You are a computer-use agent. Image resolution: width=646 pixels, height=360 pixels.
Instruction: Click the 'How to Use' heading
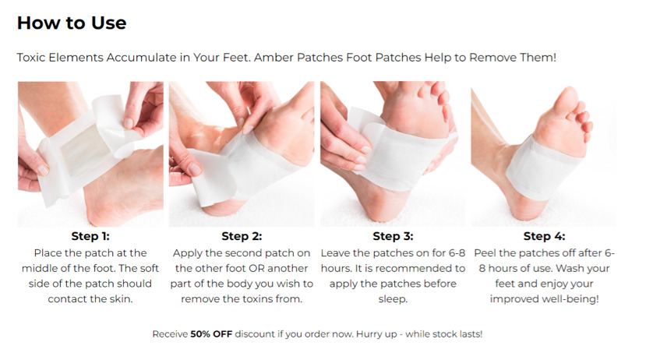(x=72, y=23)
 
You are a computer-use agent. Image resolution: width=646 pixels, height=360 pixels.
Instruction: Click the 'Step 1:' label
(x=90, y=236)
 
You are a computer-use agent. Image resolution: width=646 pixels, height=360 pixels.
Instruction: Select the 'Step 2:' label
(x=242, y=236)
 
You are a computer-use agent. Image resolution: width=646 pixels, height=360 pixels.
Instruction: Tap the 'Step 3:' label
(x=393, y=236)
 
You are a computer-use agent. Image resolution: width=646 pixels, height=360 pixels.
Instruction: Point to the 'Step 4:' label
(x=544, y=236)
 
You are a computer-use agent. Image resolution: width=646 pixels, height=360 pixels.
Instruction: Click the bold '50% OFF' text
(x=211, y=334)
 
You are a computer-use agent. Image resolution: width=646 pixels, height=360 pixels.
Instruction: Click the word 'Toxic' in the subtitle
(x=31, y=57)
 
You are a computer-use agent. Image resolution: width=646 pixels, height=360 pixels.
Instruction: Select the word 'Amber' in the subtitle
(x=274, y=57)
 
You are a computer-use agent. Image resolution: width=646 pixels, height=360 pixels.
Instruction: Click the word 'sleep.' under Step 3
(x=393, y=299)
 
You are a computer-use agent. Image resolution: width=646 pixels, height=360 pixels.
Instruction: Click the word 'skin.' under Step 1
(x=120, y=299)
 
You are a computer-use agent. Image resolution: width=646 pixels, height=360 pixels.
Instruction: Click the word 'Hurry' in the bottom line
(x=370, y=334)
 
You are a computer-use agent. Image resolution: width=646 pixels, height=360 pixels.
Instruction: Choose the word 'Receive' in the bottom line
(x=170, y=334)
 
